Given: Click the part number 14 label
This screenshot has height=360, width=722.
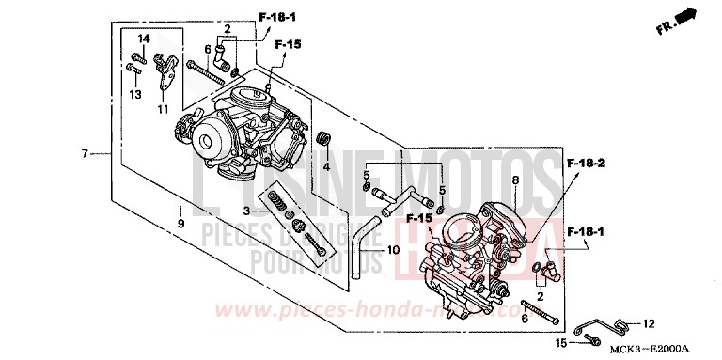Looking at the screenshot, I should (x=145, y=38).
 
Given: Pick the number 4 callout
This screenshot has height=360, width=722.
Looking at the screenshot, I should (x=327, y=166).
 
